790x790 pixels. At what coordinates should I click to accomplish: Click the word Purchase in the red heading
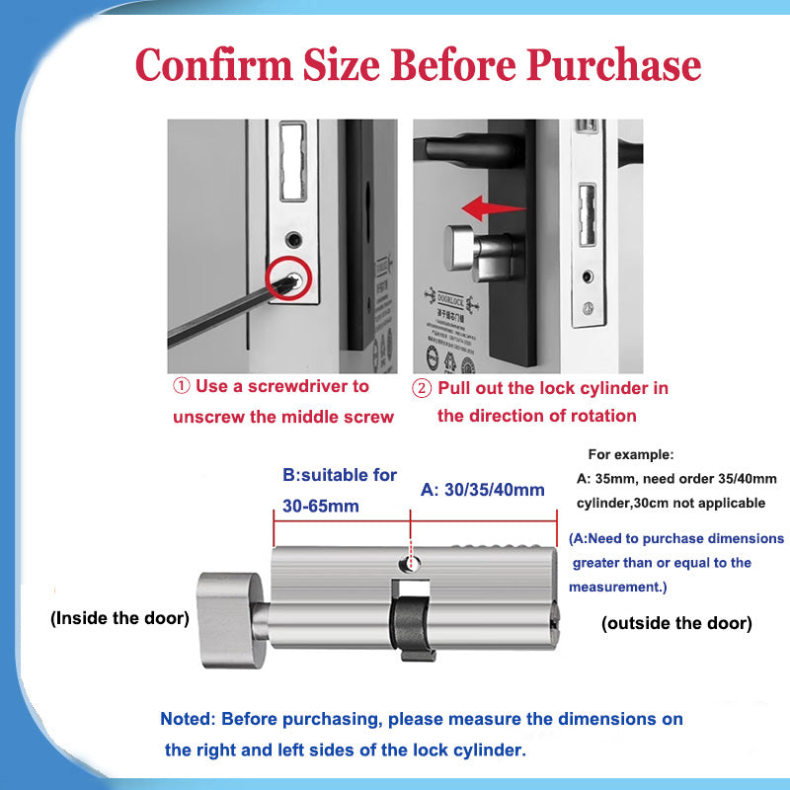(x=613, y=67)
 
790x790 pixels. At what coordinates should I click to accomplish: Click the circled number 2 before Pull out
(x=422, y=388)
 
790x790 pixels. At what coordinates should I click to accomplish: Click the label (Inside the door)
(x=119, y=619)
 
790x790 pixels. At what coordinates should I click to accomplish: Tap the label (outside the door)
(x=676, y=623)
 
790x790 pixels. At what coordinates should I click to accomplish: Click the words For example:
(x=631, y=455)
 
